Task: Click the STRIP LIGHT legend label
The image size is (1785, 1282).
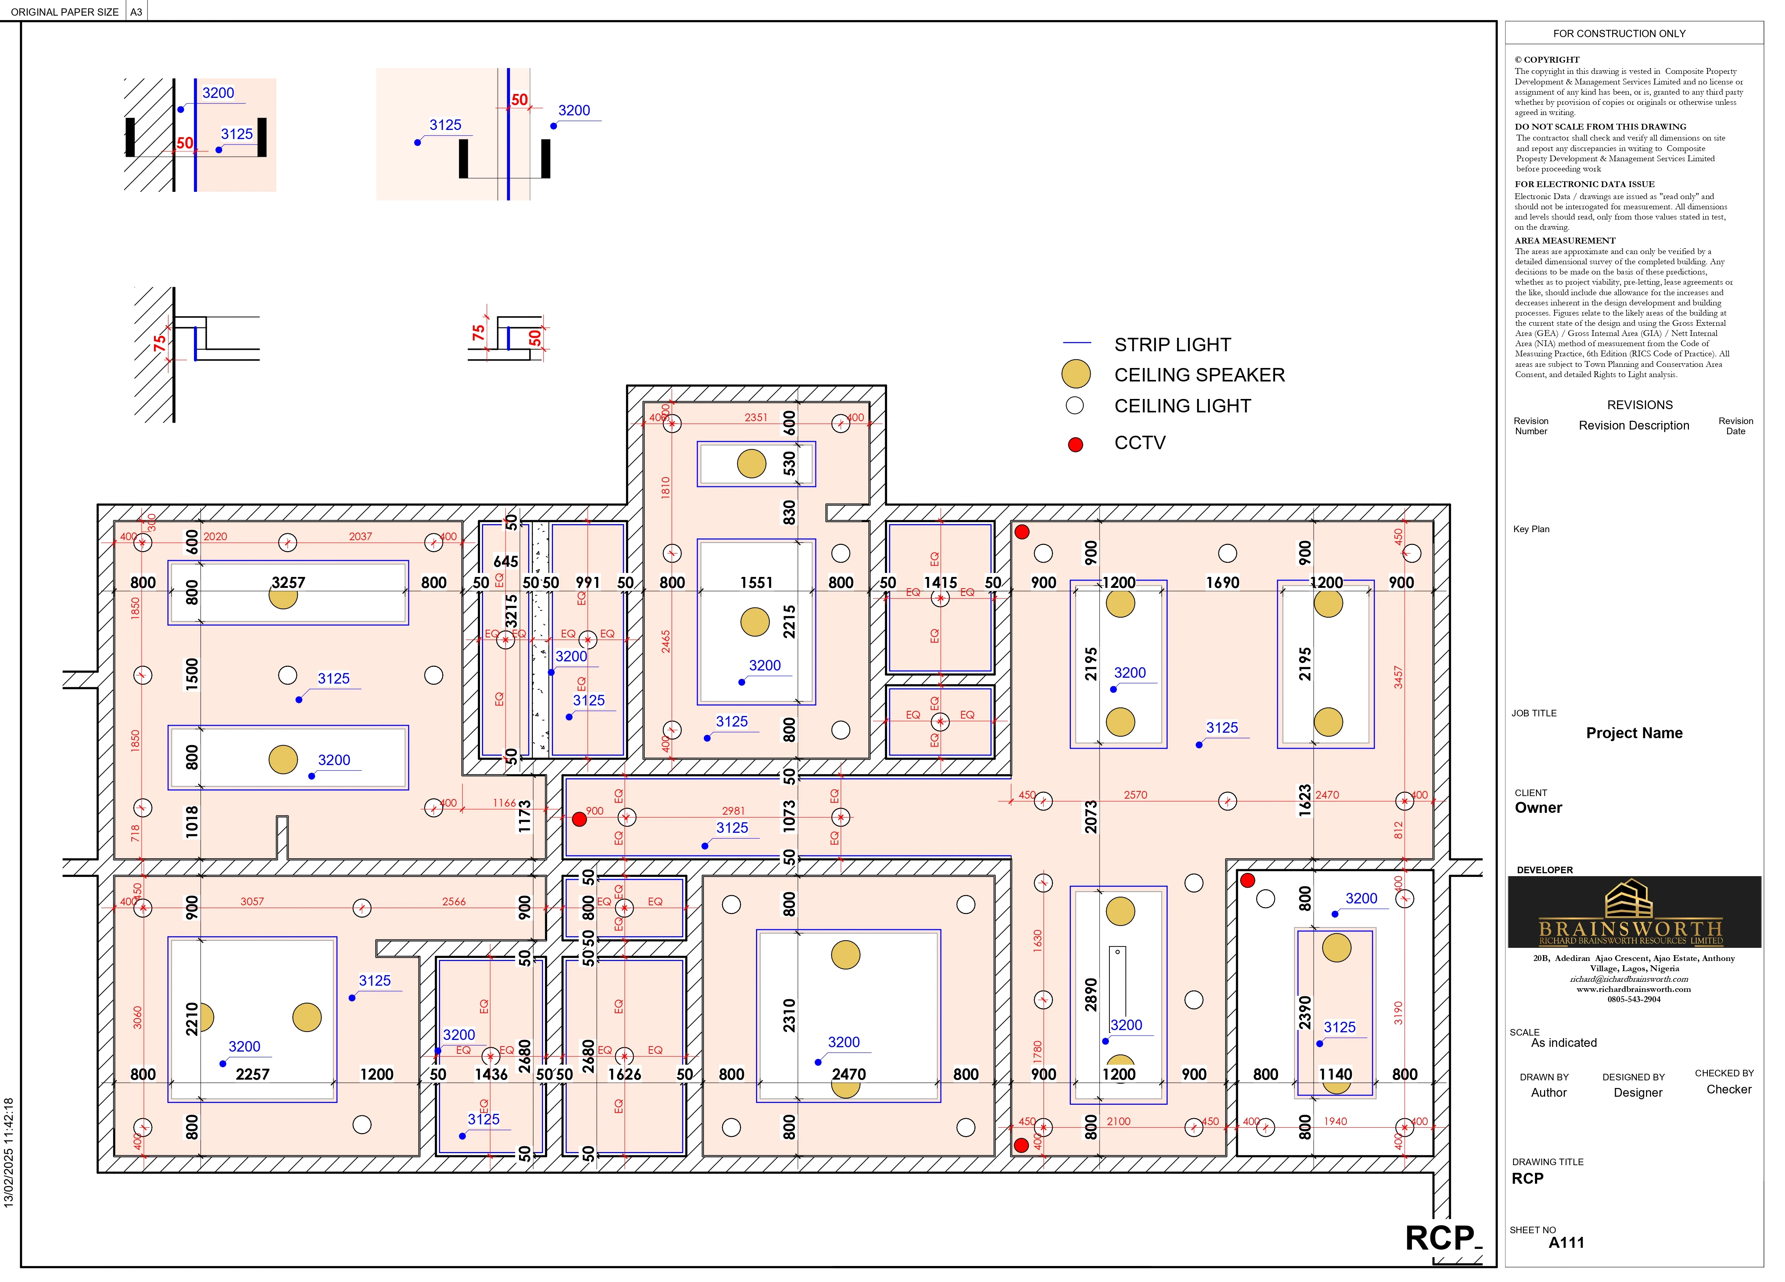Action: click(1172, 345)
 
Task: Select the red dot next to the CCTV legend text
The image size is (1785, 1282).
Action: click(1075, 445)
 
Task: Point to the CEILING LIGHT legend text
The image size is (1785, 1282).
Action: click(1182, 406)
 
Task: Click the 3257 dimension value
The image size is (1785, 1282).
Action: click(288, 582)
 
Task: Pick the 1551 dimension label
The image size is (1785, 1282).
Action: click(756, 582)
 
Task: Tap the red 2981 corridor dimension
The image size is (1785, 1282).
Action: click(733, 811)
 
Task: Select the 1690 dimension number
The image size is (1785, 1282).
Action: click(1222, 582)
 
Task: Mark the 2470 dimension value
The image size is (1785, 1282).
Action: click(848, 1074)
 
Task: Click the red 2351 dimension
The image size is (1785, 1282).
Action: click(756, 417)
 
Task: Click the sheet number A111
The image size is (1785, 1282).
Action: click(1566, 1243)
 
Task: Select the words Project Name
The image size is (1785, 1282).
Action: click(1634, 733)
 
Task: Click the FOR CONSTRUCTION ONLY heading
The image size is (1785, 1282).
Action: click(1619, 34)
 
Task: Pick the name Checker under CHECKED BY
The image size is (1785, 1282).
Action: click(1728, 1089)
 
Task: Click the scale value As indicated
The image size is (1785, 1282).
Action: click(1564, 1043)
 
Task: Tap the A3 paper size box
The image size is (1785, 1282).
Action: click(136, 12)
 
